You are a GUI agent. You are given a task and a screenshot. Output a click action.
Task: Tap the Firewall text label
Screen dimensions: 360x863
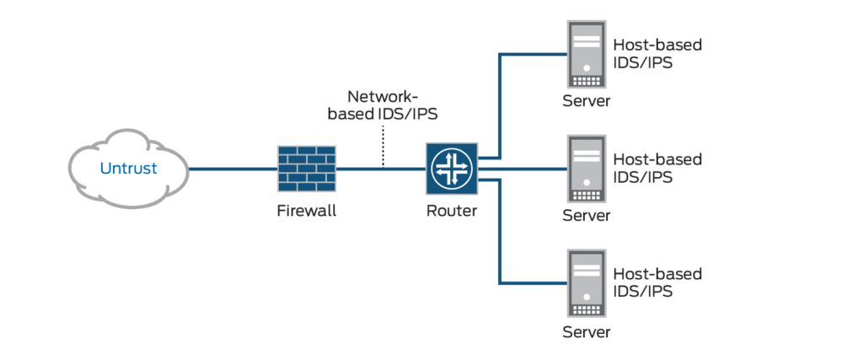click(306, 211)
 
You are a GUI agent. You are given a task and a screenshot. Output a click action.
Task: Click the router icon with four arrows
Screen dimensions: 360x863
click(451, 169)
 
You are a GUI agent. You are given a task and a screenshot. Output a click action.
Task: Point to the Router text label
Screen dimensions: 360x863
click(451, 211)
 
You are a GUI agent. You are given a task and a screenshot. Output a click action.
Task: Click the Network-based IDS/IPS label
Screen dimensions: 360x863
click(384, 105)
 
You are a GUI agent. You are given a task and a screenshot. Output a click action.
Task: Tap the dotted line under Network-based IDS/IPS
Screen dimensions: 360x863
click(383, 147)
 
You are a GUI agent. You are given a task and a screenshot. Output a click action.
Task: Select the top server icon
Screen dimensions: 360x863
click(586, 55)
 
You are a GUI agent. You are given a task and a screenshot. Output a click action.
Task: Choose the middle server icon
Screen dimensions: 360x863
click(586, 169)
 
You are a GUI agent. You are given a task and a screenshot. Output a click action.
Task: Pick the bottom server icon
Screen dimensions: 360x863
click(586, 282)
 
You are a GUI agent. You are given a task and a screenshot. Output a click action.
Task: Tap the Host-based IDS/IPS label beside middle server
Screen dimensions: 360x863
click(657, 168)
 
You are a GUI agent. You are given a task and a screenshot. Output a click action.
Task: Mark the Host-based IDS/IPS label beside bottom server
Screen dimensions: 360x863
click(657, 282)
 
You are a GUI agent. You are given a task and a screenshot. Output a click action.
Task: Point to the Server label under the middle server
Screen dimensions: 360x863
click(586, 215)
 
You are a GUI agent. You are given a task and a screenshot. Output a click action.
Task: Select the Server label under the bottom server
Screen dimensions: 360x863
click(586, 331)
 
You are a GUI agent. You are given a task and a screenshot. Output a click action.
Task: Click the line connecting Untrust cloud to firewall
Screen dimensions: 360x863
click(232, 169)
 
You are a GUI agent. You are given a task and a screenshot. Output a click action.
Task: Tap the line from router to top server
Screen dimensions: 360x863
click(501, 101)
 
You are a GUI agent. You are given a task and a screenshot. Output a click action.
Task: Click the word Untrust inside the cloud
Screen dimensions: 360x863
click(128, 168)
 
